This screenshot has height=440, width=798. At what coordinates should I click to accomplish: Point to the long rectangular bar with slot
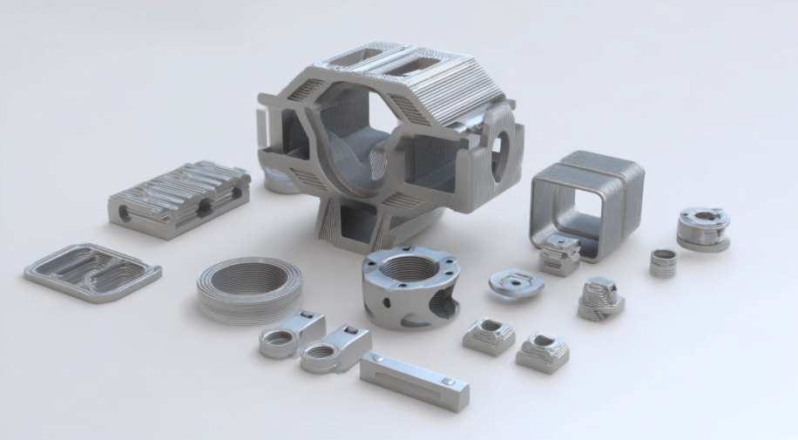(414, 381)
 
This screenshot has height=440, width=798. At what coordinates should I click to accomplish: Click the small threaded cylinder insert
(663, 262)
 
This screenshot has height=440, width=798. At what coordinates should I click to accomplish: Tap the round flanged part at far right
(703, 229)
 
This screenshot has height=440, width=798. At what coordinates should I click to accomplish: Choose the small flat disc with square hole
(516, 283)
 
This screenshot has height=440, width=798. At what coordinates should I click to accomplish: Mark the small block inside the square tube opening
(559, 255)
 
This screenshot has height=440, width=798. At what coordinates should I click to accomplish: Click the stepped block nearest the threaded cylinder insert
(601, 297)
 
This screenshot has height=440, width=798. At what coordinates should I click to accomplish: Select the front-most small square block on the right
(543, 351)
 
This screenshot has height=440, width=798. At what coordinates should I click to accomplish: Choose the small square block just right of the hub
(489, 335)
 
